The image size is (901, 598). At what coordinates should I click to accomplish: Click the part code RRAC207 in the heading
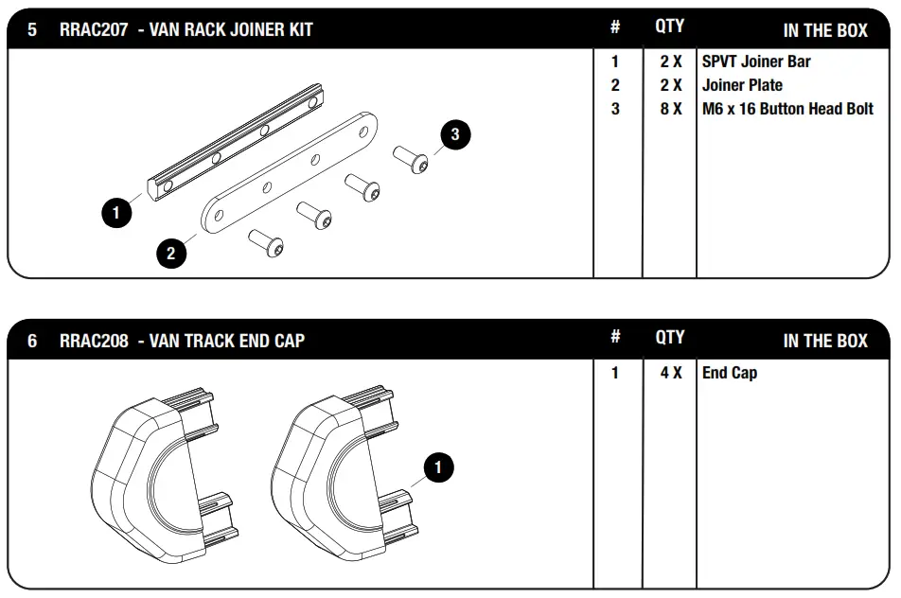93,29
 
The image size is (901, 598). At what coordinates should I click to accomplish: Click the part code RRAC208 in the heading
93,340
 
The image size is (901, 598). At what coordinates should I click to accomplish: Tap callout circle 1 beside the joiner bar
116,213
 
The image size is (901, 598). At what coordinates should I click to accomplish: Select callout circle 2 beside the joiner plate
171,253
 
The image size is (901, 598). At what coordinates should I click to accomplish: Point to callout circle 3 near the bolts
455,134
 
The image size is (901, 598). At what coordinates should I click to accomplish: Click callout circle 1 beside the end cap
438,466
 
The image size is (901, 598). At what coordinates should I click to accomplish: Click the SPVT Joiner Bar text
756,62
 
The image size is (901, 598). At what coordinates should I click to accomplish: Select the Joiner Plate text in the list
742,85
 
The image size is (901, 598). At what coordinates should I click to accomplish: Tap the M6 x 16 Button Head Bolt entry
787,109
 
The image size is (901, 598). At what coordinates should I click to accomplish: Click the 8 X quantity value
671,109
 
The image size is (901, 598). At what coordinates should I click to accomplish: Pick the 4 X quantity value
671,373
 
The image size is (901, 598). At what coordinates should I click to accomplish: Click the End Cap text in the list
730,373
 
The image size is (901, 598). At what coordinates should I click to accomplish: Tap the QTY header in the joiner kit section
669,27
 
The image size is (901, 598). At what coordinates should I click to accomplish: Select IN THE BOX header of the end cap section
824,341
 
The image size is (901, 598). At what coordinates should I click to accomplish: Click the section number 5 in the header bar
32,29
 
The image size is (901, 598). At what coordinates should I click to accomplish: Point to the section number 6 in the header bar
32,340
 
